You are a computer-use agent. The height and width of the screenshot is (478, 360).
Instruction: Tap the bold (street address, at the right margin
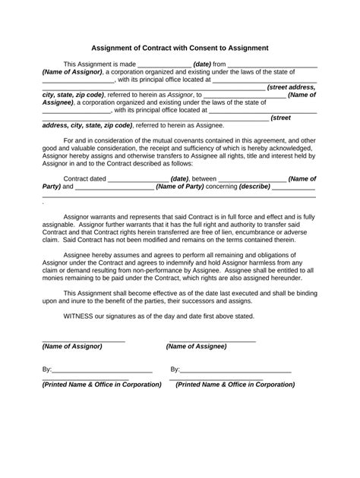(291, 87)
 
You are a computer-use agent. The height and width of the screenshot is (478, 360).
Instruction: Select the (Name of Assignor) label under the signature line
(72, 346)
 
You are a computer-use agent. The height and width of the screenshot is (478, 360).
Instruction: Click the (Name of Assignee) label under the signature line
(196, 346)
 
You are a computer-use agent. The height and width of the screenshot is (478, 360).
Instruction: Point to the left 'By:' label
(47, 370)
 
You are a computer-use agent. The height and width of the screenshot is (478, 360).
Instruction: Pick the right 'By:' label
(175, 370)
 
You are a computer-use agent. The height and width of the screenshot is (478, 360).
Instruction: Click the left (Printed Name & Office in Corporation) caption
(102, 385)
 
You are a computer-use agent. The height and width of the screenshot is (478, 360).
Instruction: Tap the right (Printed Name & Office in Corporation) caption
(235, 385)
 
